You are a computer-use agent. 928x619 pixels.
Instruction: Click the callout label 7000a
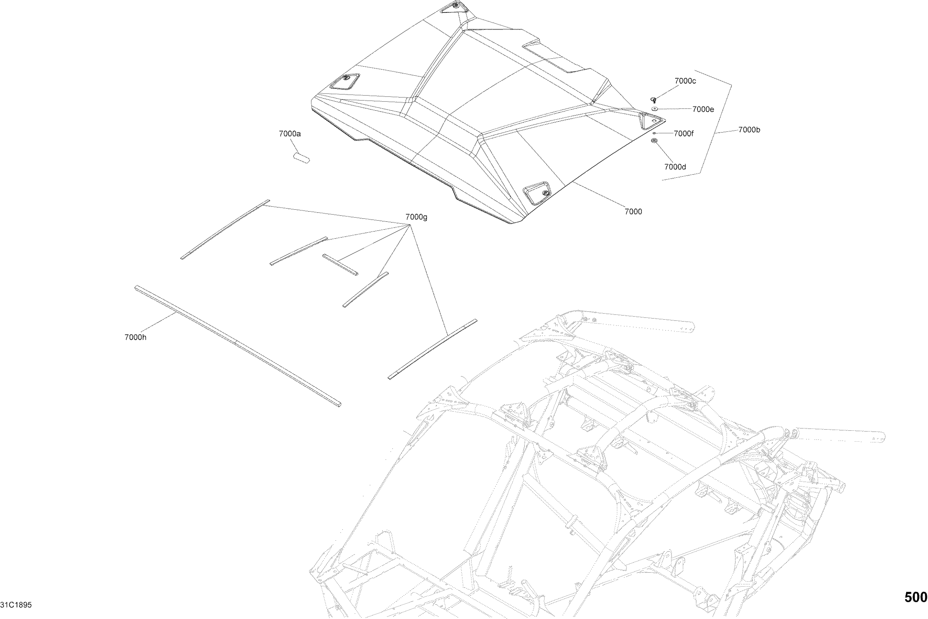tap(289, 134)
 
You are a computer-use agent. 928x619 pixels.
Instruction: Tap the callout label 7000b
tap(749, 130)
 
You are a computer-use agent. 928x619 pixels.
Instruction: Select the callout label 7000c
tap(685, 81)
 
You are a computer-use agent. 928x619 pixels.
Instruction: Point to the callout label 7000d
tap(675, 167)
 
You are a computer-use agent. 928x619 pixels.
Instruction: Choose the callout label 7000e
tap(703, 109)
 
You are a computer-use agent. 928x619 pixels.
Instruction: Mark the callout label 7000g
tap(416, 217)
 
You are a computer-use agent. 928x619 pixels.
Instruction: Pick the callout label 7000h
tap(135, 337)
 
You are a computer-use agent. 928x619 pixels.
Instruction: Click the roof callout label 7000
tap(633, 212)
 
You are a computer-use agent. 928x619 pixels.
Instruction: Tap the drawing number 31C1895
tap(16, 605)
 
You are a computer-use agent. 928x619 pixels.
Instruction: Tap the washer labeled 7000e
tap(655, 109)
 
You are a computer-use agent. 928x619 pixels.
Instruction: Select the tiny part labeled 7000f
tap(654, 133)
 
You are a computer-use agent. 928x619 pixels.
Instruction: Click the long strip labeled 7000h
tap(237, 345)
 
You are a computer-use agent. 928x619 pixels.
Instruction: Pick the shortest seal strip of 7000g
tap(340, 264)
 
